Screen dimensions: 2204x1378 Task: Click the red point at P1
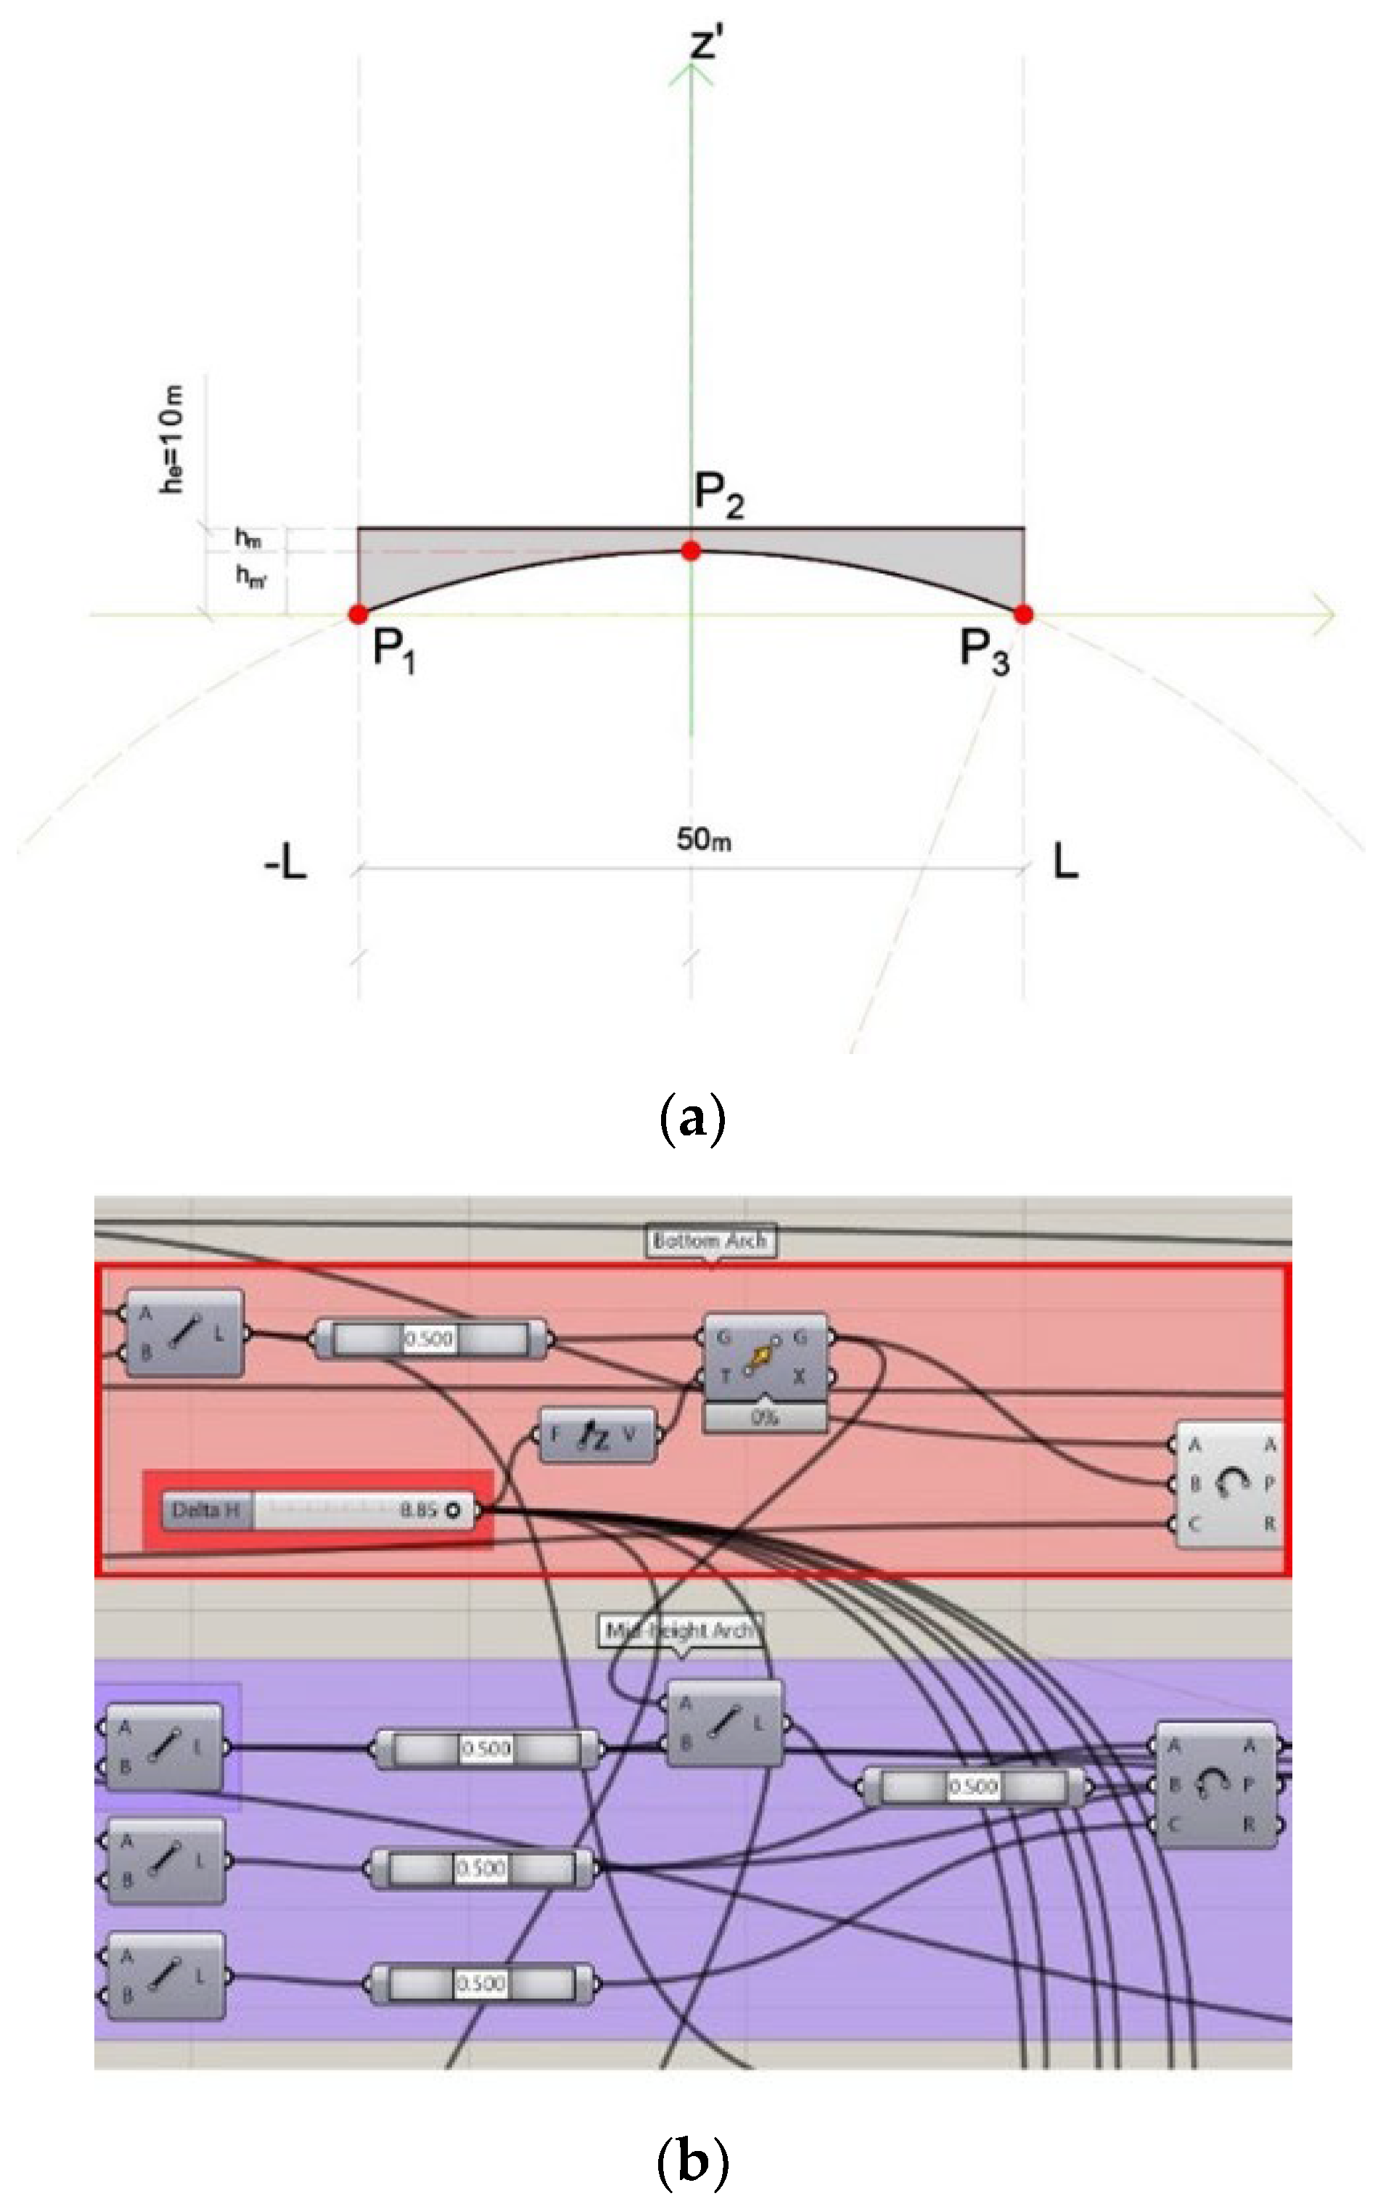point(358,613)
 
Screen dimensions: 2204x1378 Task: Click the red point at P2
point(691,550)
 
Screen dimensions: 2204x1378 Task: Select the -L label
point(285,862)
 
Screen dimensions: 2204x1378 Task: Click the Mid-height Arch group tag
point(680,1630)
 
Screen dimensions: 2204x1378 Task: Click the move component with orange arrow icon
point(763,1358)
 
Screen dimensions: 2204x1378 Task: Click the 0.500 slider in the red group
point(430,1339)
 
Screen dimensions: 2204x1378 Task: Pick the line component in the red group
point(183,1333)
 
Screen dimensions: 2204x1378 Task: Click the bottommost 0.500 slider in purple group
point(480,1984)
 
